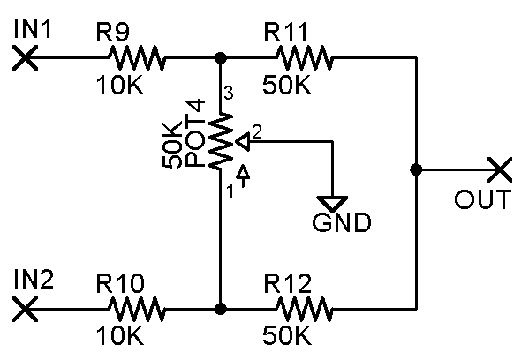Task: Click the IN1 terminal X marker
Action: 25,58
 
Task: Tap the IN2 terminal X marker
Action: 25,309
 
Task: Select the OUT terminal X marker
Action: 501,169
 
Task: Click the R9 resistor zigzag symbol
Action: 137,58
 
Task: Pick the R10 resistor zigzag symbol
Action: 137,309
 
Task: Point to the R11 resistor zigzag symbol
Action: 305,58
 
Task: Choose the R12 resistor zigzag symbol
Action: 305,309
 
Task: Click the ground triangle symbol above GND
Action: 332,203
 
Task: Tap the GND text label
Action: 342,222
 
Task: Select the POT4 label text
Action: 195,133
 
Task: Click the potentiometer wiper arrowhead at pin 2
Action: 243,142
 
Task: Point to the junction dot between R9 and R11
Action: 221,58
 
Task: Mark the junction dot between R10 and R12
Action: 221,309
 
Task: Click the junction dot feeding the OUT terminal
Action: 416,169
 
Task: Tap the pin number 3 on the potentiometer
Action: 229,93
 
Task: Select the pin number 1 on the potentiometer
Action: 230,191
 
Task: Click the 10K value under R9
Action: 120,85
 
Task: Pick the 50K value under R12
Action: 287,335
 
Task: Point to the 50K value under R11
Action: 287,85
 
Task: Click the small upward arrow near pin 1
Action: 243,176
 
